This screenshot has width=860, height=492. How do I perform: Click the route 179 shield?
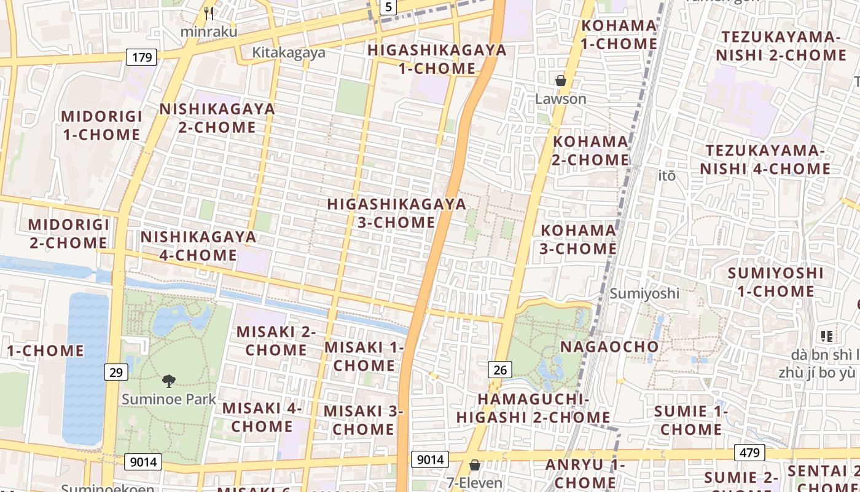tap(142, 58)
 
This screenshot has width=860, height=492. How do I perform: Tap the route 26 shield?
tap(501, 370)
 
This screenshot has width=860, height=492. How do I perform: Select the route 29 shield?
tap(116, 371)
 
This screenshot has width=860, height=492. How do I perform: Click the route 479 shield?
tap(749, 453)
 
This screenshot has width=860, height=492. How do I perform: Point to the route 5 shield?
tap(388, 7)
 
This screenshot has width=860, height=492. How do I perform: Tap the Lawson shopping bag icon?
tap(560, 81)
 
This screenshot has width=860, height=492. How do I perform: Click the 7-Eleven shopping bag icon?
tap(474, 465)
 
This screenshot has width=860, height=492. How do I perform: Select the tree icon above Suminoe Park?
tap(168, 381)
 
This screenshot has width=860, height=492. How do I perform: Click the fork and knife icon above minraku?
tap(209, 13)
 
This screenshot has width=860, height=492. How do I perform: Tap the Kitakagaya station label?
tap(289, 53)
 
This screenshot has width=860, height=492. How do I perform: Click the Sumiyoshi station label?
tap(644, 293)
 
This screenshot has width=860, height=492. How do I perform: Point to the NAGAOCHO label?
tap(609, 347)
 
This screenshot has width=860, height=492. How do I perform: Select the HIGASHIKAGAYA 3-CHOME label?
tap(396, 213)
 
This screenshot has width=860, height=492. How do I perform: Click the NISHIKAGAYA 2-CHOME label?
tap(217, 118)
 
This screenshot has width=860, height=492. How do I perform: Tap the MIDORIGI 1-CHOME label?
tap(102, 125)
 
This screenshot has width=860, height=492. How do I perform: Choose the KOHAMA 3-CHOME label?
tap(578, 239)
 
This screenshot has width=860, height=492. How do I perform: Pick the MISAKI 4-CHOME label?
tap(262, 417)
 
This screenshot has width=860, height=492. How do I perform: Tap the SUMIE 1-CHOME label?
tap(691, 420)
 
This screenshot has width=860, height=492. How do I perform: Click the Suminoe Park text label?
tap(169, 399)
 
